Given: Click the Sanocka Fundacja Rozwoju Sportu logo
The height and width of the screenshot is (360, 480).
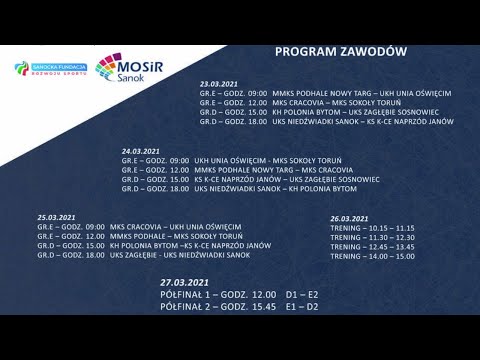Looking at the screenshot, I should coord(51,69).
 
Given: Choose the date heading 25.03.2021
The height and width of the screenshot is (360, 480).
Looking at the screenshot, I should coord(57,217).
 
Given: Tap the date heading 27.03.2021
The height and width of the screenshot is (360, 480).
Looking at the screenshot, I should coord(188,283).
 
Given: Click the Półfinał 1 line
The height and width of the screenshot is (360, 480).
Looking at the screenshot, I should coord(237,295).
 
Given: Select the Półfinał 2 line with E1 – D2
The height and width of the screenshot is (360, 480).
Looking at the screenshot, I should coord(237,307).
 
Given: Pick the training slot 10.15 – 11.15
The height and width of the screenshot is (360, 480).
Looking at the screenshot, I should coord(372,227).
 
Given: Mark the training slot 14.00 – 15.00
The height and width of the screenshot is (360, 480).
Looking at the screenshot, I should coord(372,256).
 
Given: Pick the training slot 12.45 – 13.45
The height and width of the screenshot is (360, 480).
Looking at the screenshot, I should coord(372,246).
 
